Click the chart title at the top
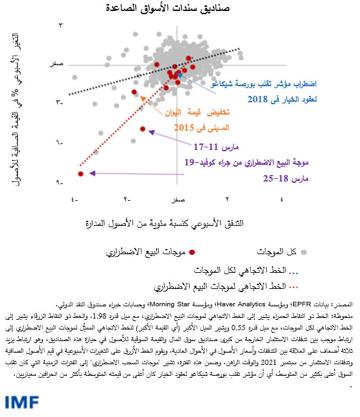(179, 9)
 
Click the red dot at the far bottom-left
(80, 174)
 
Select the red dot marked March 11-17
(140, 129)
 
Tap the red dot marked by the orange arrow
(134, 93)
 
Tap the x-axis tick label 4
(282, 199)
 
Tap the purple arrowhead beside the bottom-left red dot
(92, 173)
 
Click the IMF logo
(22, 402)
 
